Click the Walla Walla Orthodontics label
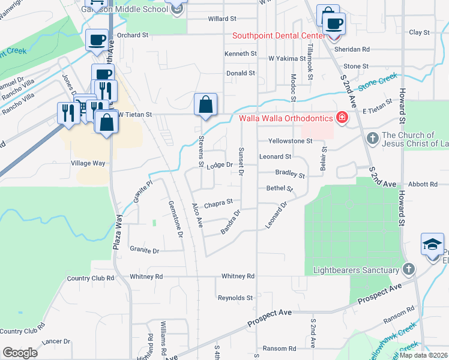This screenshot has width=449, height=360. click(286, 118)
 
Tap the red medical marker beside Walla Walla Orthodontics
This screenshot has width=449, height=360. click(342, 118)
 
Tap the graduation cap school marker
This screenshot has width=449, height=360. click(432, 245)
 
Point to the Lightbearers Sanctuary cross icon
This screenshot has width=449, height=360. click(408, 270)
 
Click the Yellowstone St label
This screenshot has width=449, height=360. click(291, 141)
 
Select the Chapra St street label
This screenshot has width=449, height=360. click(218, 204)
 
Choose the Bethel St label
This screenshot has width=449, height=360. click(279, 188)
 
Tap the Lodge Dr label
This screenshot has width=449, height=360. click(220, 165)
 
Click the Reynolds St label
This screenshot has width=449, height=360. click(235, 298)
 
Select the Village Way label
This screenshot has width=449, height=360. click(88, 163)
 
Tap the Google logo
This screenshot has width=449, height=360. click(20, 352)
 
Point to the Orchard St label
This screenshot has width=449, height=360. click(132, 35)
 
